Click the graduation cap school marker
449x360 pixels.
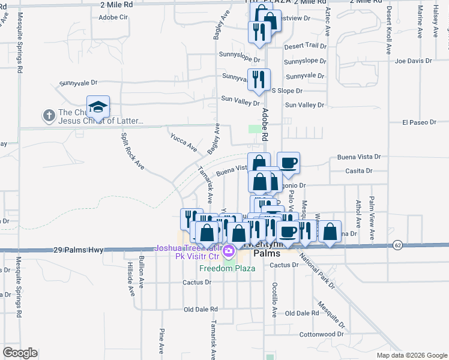click(x=98, y=107)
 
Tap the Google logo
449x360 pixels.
click(x=20, y=353)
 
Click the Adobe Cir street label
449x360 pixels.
click(x=114, y=17)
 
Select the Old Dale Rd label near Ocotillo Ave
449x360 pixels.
click(x=301, y=313)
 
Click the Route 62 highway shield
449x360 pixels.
click(x=397, y=245)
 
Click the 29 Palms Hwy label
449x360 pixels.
click(x=78, y=249)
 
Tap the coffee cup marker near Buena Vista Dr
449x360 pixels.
click(x=288, y=163)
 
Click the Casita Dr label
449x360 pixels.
click(x=359, y=170)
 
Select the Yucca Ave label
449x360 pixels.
click(x=183, y=142)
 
